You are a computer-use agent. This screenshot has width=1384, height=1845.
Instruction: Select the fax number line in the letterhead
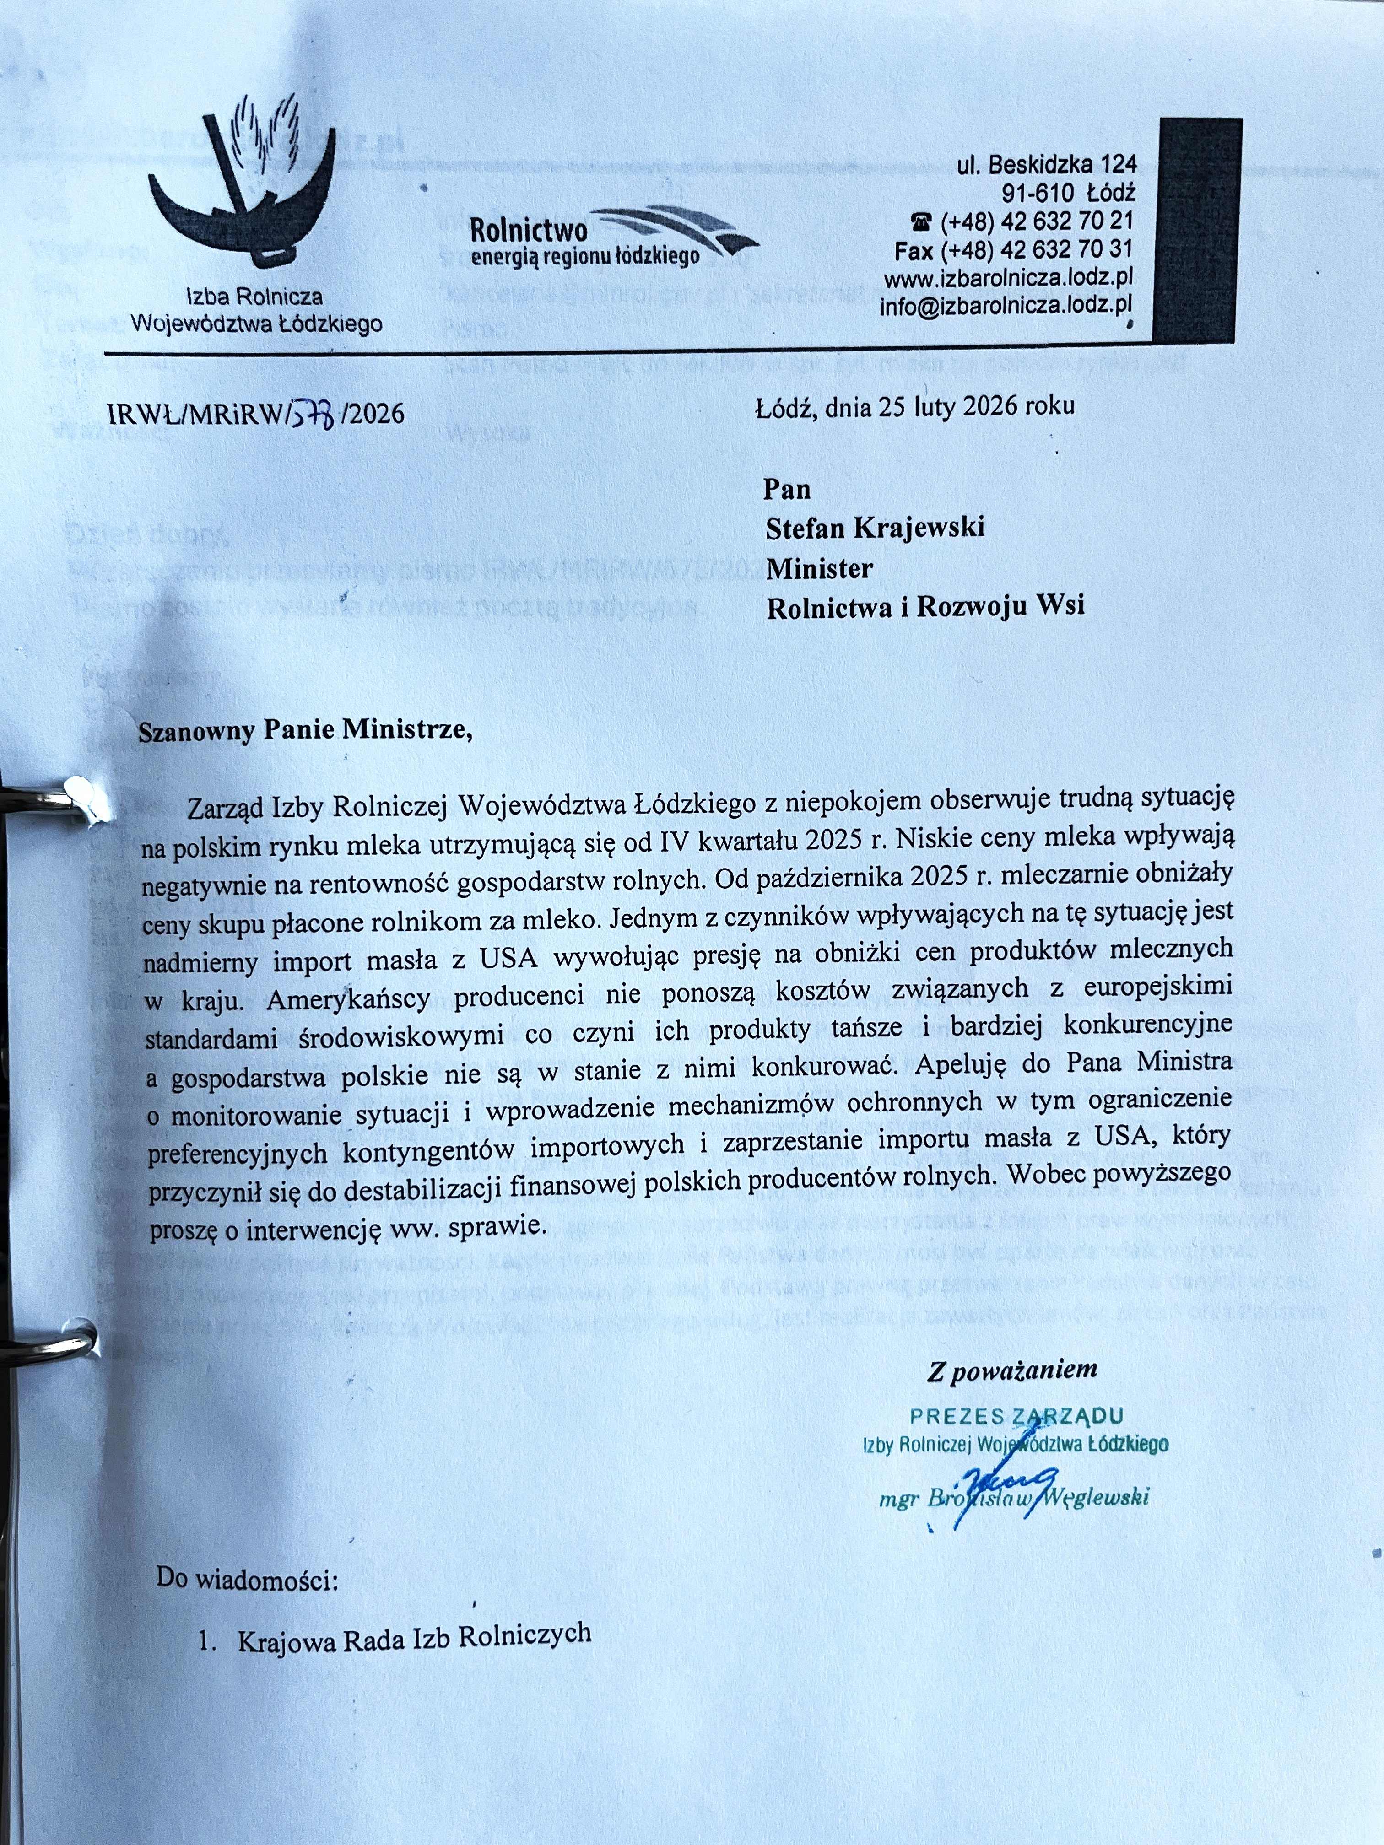pyautogui.click(x=1014, y=249)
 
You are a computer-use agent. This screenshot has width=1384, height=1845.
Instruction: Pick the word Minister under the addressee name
pyautogui.click(x=819, y=569)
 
